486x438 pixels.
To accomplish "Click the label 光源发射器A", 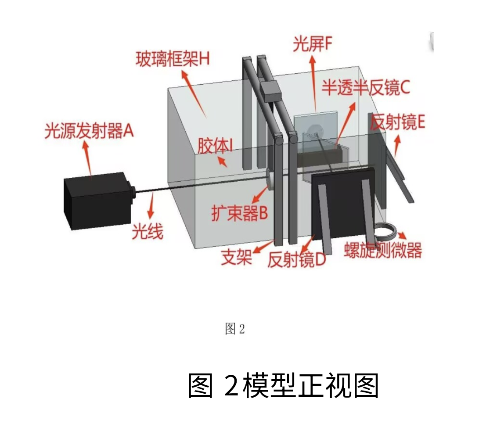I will [89, 131].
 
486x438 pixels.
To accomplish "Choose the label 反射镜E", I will [397, 122].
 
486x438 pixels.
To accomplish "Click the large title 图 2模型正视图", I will [283, 385].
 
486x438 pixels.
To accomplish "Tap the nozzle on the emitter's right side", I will [133, 191].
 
